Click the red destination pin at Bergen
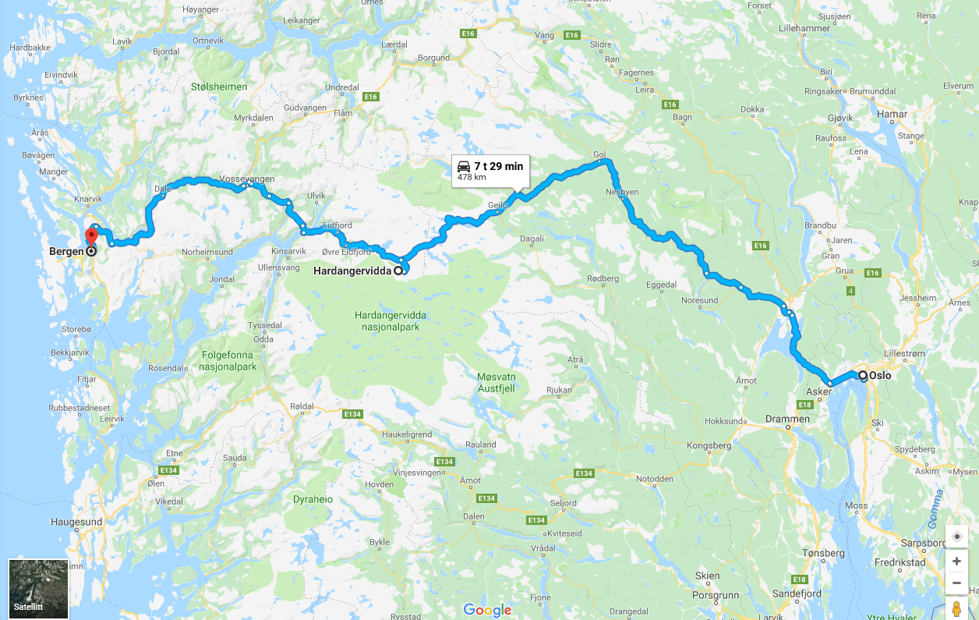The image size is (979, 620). [91, 236]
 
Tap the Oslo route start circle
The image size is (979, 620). [863, 376]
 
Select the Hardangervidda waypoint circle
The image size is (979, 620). [398, 271]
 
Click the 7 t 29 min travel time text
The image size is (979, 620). [498, 166]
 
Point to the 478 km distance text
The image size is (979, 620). [471, 178]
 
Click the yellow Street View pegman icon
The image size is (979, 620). [956, 608]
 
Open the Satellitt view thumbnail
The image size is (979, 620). [38, 589]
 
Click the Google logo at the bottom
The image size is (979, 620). [487, 610]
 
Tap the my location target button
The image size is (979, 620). [956, 537]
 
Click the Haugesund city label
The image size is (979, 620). [76, 521]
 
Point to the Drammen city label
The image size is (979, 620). [788, 419]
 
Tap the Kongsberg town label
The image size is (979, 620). [711, 445]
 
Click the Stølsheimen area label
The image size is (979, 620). [219, 87]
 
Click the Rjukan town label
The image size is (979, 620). [559, 390]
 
